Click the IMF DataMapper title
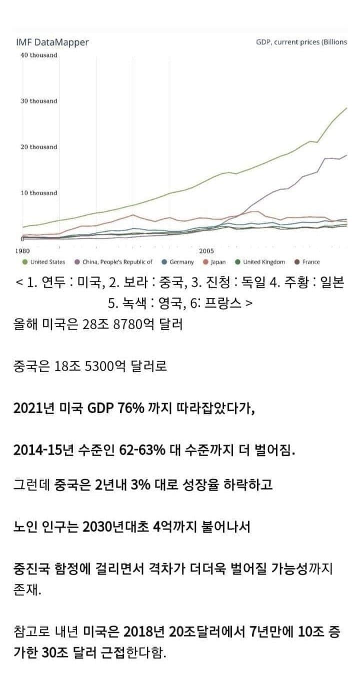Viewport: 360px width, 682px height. [x=52, y=42]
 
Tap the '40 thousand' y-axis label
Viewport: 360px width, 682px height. [x=38, y=55]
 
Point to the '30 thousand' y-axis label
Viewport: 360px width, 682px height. [x=38, y=101]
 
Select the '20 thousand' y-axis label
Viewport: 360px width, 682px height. [x=38, y=147]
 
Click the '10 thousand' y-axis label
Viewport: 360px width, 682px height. [x=38, y=193]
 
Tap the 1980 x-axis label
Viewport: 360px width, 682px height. [x=23, y=251]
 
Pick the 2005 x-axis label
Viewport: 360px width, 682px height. [x=206, y=251]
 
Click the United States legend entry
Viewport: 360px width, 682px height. [x=47, y=262]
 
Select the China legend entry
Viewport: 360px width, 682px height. [x=117, y=262]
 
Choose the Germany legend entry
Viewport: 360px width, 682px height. [x=181, y=262]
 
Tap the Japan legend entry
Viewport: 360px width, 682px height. [x=218, y=262]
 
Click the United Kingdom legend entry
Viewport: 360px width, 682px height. [x=263, y=262]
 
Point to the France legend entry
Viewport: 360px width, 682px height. [x=310, y=262]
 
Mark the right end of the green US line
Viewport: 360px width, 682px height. [x=346, y=108]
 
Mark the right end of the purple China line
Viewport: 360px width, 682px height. [x=346, y=155]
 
